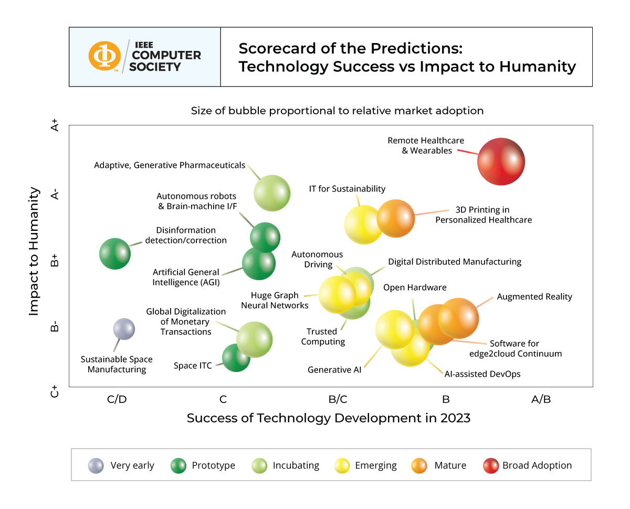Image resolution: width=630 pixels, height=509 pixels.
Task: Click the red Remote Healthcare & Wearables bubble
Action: point(501,161)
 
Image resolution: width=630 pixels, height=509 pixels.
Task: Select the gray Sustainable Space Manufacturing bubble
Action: point(124,329)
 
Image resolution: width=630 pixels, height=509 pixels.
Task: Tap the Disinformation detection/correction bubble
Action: point(114,253)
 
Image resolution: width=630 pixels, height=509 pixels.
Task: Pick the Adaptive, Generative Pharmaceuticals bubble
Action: point(272,193)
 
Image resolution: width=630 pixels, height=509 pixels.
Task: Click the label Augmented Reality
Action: point(534,296)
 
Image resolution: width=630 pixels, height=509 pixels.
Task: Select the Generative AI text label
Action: point(334,370)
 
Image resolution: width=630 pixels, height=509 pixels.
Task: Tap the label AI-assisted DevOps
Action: point(482,374)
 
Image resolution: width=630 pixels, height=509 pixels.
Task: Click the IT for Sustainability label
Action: point(347,189)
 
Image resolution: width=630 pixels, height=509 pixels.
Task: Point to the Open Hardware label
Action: point(415,288)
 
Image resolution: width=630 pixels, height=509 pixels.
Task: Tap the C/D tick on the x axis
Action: point(117,399)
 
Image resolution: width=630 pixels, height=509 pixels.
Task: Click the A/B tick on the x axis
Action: point(541,399)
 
